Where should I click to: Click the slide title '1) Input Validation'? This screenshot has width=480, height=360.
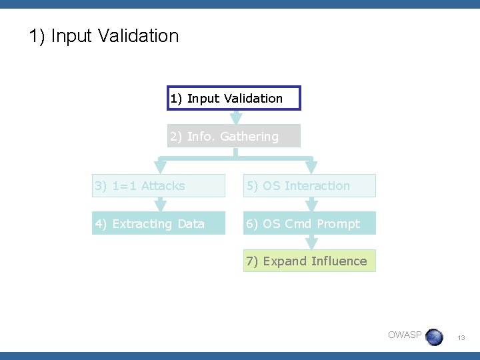click(104, 36)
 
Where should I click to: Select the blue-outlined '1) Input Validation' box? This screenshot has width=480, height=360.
click(234, 98)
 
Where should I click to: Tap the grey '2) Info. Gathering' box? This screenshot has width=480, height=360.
click(234, 136)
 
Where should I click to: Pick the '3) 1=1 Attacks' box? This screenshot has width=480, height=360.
click(159, 186)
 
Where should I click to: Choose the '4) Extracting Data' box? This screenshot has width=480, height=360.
click(159, 223)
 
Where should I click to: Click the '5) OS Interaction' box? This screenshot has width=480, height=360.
click(309, 186)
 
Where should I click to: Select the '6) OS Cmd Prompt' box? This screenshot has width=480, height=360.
click(309, 223)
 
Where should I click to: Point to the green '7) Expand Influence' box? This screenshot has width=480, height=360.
click(309, 261)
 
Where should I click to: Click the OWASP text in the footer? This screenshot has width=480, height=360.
click(405, 335)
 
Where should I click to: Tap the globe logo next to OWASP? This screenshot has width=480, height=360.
click(434, 337)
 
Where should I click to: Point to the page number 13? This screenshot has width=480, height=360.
click(460, 339)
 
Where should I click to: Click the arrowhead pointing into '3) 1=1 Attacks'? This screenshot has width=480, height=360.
click(160, 168)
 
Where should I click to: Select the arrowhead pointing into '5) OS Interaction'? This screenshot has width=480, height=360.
click(310, 168)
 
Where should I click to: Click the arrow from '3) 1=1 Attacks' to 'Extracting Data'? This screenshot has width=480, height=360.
click(160, 205)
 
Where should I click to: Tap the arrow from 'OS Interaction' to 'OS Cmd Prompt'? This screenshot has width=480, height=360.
click(310, 205)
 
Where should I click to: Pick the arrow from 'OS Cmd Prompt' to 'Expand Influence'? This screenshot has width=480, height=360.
click(310, 243)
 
